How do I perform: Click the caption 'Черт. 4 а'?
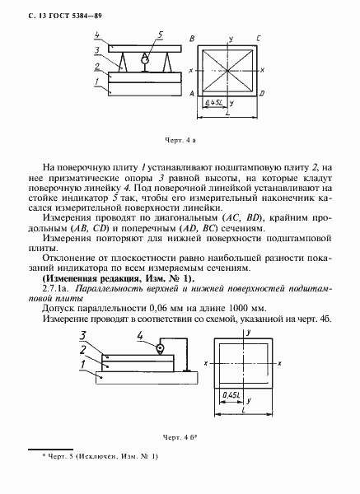pyautogui.click(x=180, y=141)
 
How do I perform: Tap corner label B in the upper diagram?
pyautogui.click(x=193, y=39)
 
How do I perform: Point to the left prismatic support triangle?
pyautogui.click(x=125, y=60)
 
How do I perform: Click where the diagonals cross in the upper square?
pyautogui.click(x=226, y=71)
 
